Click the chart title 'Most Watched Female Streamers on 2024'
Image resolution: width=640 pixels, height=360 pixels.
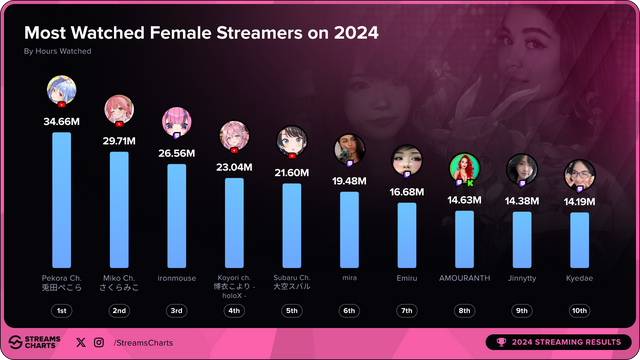pos(201,32)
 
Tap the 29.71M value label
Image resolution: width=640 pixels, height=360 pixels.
pos(119,142)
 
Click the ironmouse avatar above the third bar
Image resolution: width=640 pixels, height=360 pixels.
pos(177,121)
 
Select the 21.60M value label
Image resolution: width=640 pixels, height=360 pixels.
pos(292,173)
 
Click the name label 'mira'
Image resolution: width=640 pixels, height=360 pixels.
pos(349,278)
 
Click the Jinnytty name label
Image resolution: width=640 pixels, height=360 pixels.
pos(522,278)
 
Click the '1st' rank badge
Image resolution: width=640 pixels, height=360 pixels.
pos(61,310)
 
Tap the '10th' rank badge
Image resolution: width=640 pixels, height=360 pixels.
pos(579,310)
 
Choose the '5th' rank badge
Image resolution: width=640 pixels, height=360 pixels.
pos(292,310)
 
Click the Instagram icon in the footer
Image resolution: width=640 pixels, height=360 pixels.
pos(98,342)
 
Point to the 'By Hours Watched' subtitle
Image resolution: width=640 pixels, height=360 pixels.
pos(58,51)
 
